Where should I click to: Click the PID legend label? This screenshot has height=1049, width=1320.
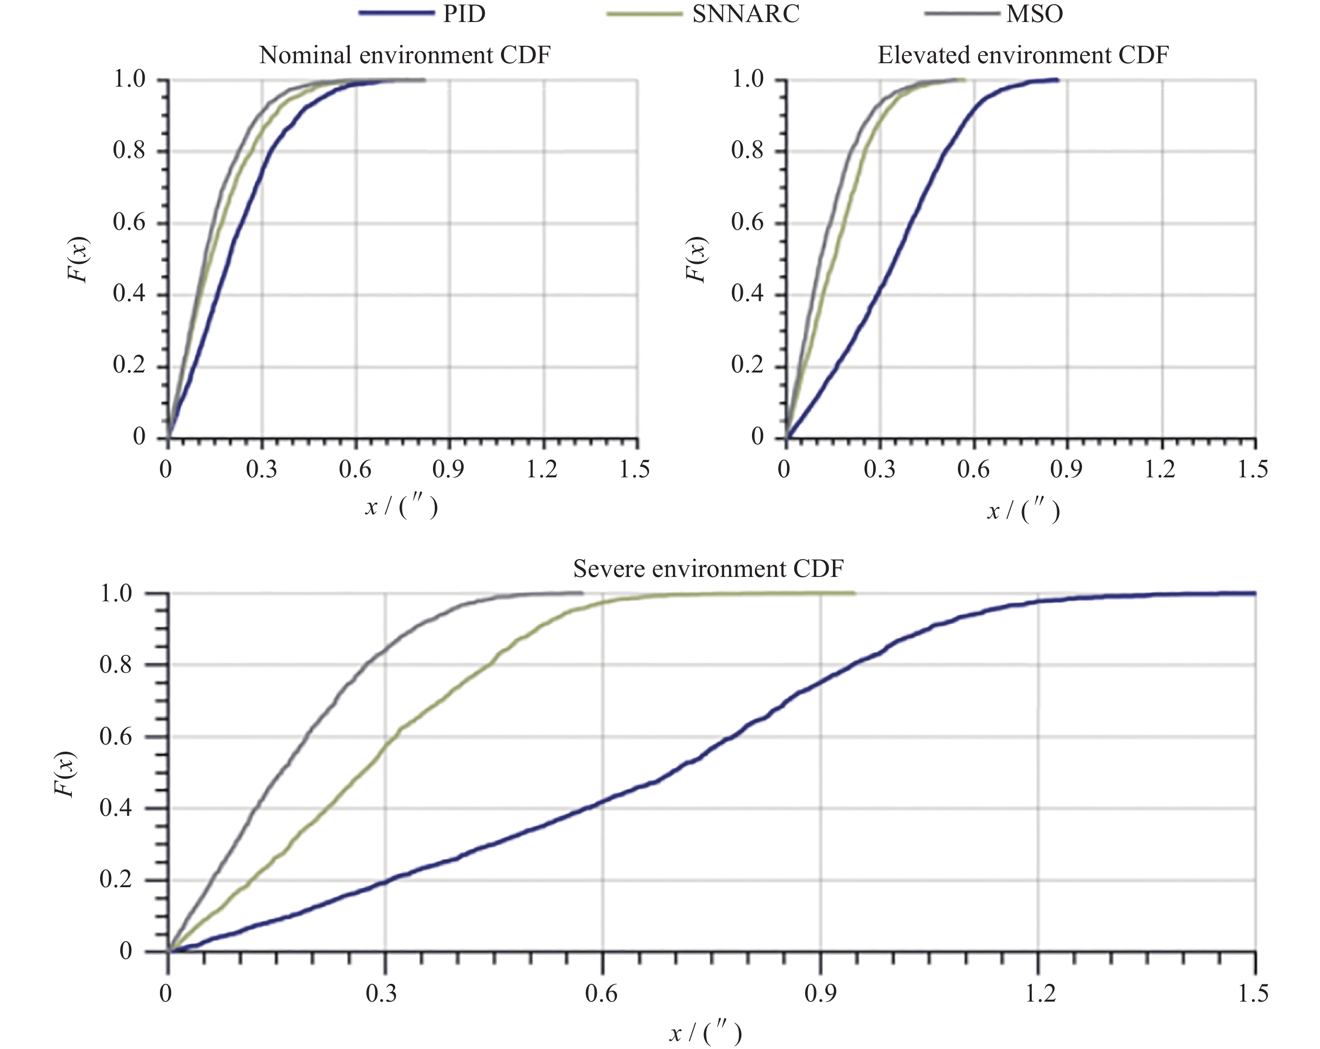[x=464, y=13]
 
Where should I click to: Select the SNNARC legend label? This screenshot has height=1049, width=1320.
[x=745, y=13]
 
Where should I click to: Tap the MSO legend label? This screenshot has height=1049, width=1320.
[x=1034, y=13]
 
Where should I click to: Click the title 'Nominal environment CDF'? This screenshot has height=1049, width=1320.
[x=405, y=55]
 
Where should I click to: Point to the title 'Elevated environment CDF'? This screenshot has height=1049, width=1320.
[x=1023, y=55]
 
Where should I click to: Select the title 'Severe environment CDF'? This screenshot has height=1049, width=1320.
[x=708, y=569]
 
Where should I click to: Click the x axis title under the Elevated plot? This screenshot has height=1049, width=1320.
[x=1023, y=510]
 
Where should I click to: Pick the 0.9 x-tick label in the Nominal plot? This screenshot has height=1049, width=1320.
[x=448, y=469]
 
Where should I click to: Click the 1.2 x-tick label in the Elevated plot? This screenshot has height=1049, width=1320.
[x=1160, y=469]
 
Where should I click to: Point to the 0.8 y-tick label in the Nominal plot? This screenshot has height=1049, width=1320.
[x=129, y=150]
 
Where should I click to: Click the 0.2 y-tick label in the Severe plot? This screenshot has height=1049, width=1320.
[x=116, y=880]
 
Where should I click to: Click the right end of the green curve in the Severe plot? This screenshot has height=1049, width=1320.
[x=854, y=592]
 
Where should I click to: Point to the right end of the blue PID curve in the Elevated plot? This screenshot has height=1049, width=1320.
[x=1058, y=79]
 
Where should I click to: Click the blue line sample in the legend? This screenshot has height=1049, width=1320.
[x=396, y=13]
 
